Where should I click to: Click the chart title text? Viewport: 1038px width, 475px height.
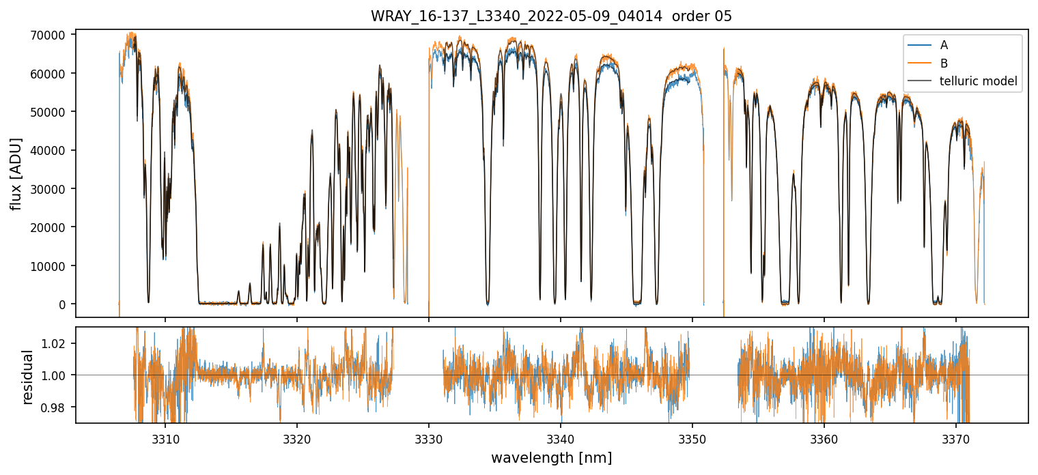click(x=551, y=16)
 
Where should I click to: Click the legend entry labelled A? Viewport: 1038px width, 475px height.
click(x=944, y=45)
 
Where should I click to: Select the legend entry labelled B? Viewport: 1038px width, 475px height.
click(x=944, y=63)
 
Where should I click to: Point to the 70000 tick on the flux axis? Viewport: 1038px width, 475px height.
click(x=52, y=35)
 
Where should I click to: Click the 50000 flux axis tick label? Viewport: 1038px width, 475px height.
click(x=52, y=112)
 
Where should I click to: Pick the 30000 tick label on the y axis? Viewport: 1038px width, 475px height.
click(x=52, y=189)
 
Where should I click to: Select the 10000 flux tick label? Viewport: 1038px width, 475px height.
click(x=52, y=266)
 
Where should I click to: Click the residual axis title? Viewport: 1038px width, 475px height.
click(x=28, y=377)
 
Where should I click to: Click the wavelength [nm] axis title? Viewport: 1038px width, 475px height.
click(x=551, y=457)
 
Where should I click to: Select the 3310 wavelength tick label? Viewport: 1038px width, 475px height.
click(x=165, y=437)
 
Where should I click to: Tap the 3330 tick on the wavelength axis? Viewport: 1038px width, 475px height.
click(x=428, y=437)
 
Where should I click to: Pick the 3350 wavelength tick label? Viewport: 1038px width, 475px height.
click(x=692, y=437)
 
